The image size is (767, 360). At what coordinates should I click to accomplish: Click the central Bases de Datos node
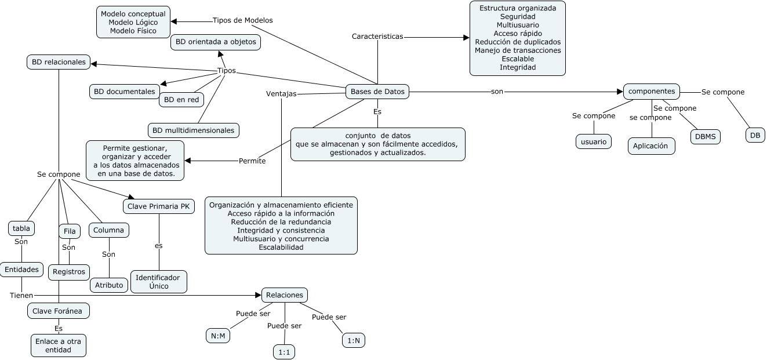(x=377, y=91)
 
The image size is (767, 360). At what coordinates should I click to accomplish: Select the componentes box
(x=651, y=91)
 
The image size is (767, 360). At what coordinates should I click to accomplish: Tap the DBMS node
(x=705, y=136)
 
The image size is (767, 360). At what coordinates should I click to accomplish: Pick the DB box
(x=755, y=135)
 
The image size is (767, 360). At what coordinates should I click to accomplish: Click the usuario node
(x=593, y=141)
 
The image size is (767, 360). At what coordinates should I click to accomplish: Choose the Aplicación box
(x=651, y=146)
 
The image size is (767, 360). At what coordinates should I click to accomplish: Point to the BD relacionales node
(x=59, y=61)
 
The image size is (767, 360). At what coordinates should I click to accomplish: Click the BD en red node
(x=181, y=100)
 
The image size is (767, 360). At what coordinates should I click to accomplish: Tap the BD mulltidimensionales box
(x=194, y=130)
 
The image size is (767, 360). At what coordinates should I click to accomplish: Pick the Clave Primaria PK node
(x=159, y=206)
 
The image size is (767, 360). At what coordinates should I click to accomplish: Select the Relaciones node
(x=284, y=295)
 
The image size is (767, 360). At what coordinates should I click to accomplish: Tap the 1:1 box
(x=284, y=352)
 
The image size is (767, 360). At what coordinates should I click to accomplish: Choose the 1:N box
(x=353, y=341)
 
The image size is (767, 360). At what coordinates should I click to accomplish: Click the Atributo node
(x=109, y=285)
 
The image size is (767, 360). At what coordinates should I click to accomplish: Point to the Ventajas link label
(x=281, y=93)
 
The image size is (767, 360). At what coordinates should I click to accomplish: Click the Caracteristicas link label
(x=377, y=36)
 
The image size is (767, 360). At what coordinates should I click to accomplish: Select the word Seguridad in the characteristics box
(x=517, y=17)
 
